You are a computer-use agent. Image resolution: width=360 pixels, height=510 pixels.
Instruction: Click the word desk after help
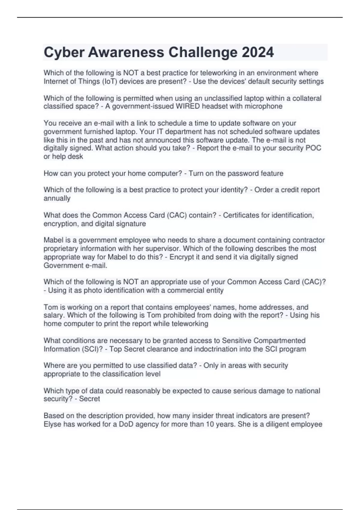(76, 156)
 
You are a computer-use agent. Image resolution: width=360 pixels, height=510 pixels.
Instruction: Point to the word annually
(57, 198)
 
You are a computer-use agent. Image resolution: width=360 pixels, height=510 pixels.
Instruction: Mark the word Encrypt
(182, 257)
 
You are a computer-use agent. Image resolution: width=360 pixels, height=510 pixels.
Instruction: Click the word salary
(54, 315)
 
